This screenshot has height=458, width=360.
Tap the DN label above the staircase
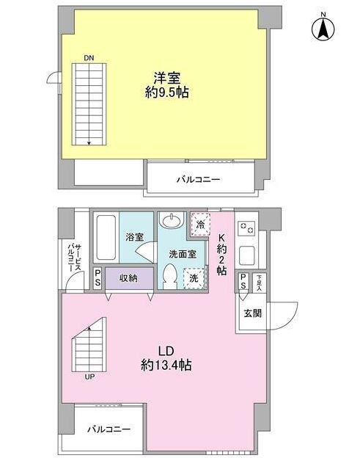tap(89, 57)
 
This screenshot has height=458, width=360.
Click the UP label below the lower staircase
tap(90, 377)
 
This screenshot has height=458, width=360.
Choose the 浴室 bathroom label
tap(134, 238)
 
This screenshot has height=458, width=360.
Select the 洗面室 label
tap(183, 254)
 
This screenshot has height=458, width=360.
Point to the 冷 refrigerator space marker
tap(199, 225)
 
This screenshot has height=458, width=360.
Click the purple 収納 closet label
tap(129, 279)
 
